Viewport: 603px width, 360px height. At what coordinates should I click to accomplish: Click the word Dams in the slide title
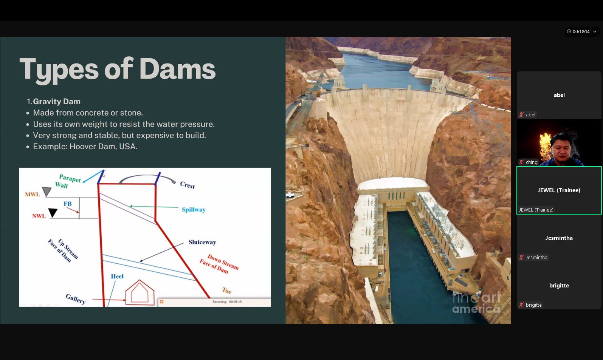pos(177,69)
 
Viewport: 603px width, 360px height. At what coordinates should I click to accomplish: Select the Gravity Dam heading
pos(57,102)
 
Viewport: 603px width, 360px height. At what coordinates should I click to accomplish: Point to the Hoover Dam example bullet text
pos(85,146)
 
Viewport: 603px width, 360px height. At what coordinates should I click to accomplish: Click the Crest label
pos(188,185)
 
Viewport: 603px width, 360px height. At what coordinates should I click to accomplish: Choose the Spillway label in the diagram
pos(194,210)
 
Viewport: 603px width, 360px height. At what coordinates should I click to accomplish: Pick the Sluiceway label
pos(202,242)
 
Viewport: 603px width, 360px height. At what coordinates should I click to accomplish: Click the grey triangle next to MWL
pos(47,191)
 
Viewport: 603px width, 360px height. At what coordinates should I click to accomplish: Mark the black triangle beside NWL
pos(53,213)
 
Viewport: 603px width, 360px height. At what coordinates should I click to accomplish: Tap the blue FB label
pos(68,204)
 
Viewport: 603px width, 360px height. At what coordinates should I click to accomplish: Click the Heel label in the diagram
pos(117,276)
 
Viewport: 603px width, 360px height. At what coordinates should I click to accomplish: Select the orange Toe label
pos(227,290)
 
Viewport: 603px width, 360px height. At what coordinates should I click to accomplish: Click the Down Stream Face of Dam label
pos(219,264)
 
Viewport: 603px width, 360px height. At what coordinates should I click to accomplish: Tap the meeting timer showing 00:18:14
pos(581,31)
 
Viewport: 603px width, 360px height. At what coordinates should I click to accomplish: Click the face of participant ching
pos(561,147)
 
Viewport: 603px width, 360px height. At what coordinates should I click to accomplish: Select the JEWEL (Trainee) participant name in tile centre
pos(559,190)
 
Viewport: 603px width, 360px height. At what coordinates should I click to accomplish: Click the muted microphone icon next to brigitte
pos(521,305)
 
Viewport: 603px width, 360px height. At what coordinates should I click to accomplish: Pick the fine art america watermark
pos(476,303)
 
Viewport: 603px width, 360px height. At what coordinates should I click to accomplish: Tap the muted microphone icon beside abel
pos(521,114)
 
